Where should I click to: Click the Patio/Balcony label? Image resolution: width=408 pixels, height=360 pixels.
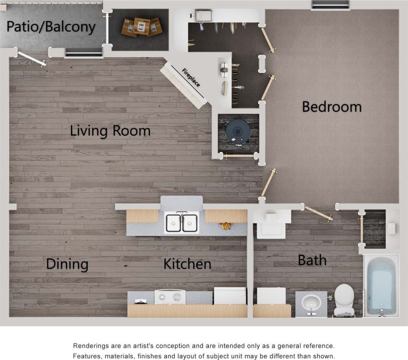pyautogui.click(x=51, y=27)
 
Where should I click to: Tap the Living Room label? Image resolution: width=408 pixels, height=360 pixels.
pyautogui.click(x=110, y=131)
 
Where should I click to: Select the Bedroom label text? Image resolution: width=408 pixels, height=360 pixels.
pyautogui.click(x=332, y=107)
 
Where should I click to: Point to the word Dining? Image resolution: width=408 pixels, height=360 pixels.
pyautogui.click(x=67, y=264)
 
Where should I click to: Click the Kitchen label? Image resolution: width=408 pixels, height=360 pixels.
pyautogui.click(x=187, y=264)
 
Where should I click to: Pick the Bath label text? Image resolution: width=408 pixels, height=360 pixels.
pyautogui.click(x=312, y=260)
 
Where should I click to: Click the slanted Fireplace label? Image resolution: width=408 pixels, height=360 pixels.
pyautogui.click(x=191, y=78)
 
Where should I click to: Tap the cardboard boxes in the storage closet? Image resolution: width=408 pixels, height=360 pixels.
pyautogui.click(x=141, y=27)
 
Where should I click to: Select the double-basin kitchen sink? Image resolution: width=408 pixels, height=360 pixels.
pyautogui.click(x=182, y=223)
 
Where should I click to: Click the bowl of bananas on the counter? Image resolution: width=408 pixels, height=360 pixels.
pyautogui.click(x=226, y=226)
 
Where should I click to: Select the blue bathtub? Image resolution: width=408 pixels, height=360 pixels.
pyautogui.click(x=381, y=286)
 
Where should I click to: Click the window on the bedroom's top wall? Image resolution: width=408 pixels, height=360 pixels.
pyautogui.click(x=331, y=5)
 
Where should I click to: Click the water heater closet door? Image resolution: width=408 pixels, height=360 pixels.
pyautogui.click(x=238, y=156)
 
